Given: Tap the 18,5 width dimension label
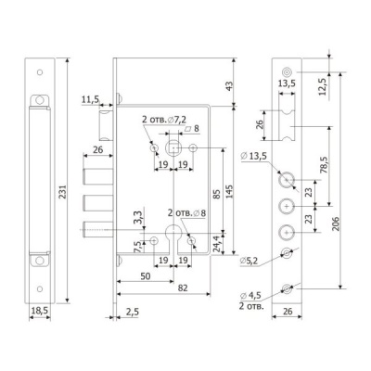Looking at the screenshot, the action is point(40,311).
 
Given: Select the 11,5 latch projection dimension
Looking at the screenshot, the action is point(90,99).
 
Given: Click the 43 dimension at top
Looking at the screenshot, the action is point(230,84).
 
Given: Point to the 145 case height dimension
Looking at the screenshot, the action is point(230,192).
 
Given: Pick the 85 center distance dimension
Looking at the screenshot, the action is point(217,194).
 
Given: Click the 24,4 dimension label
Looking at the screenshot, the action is point(218,245).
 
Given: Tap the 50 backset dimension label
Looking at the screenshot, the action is point(146,276).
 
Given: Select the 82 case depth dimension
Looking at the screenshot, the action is point(183,288).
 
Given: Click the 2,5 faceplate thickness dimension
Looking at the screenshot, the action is point(133,312).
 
